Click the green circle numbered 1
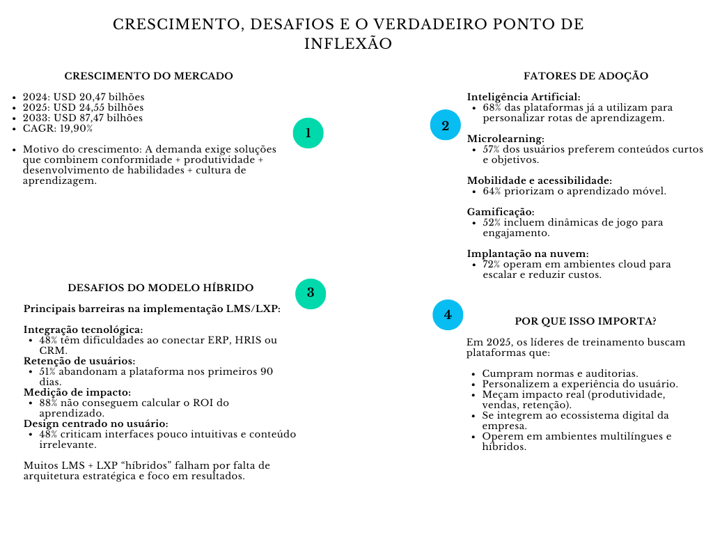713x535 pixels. click(x=308, y=133)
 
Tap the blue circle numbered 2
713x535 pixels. click(x=445, y=125)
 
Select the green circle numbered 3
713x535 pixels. click(x=311, y=293)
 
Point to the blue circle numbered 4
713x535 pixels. click(x=448, y=314)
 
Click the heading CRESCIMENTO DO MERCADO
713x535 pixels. click(x=148, y=76)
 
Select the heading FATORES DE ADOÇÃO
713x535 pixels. click(x=586, y=76)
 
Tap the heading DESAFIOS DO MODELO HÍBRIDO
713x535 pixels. click(x=160, y=288)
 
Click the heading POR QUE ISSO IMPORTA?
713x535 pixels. click(x=586, y=321)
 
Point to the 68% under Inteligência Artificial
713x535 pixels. click(x=492, y=108)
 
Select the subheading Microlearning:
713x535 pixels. click(x=506, y=139)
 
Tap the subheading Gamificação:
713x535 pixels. click(x=501, y=212)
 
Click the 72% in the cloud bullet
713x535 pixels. click(x=492, y=265)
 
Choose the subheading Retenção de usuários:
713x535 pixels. click(x=79, y=361)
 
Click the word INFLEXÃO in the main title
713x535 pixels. click(x=347, y=44)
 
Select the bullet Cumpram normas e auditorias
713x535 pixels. click(x=560, y=373)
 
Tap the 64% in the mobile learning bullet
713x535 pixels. click(x=492, y=192)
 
